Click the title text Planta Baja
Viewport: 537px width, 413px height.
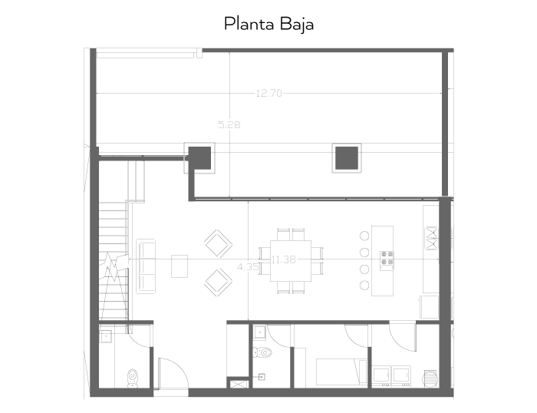click(x=268, y=25)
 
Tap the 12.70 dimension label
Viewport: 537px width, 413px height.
click(x=269, y=93)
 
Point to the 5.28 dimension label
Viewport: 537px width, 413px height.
click(x=229, y=125)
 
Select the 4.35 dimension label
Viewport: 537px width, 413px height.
click(x=248, y=266)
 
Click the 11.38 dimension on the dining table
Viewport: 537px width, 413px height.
click(x=284, y=259)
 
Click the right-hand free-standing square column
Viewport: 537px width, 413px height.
click(x=347, y=158)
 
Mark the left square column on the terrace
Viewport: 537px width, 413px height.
click(x=199, y=158)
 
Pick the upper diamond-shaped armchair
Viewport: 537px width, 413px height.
click(x=218, y=243)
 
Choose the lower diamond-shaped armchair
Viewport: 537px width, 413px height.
click(x=218, y=282)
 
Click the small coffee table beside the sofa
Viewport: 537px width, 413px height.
click(x=180, y=266)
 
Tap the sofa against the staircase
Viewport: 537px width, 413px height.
click(x=146, y=266)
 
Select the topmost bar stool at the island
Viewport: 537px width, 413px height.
click(x=364, y=236)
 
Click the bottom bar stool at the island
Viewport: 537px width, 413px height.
click(x=364, y=285)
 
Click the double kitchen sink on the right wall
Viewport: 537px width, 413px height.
click(x=431, y=238)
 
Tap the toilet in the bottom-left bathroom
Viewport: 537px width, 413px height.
click(x=133, y=378)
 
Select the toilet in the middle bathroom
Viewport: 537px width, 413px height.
click(x=262, y=352)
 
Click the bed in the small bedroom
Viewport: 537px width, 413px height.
click(x=341, y=372)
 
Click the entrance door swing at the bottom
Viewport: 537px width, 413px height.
click(x=173, y=373)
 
